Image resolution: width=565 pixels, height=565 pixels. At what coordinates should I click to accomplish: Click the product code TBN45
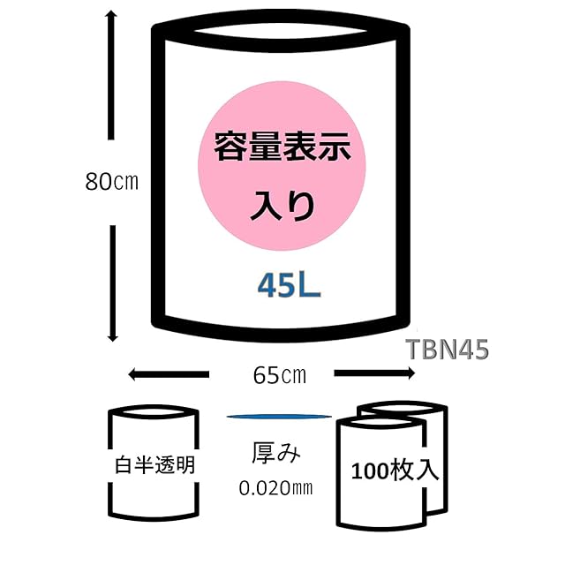448,350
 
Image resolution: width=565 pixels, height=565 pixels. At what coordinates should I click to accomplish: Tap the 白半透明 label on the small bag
154,463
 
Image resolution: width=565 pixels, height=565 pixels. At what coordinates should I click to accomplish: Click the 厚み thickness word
277,455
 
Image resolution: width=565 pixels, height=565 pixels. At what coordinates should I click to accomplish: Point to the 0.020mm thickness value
276,486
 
